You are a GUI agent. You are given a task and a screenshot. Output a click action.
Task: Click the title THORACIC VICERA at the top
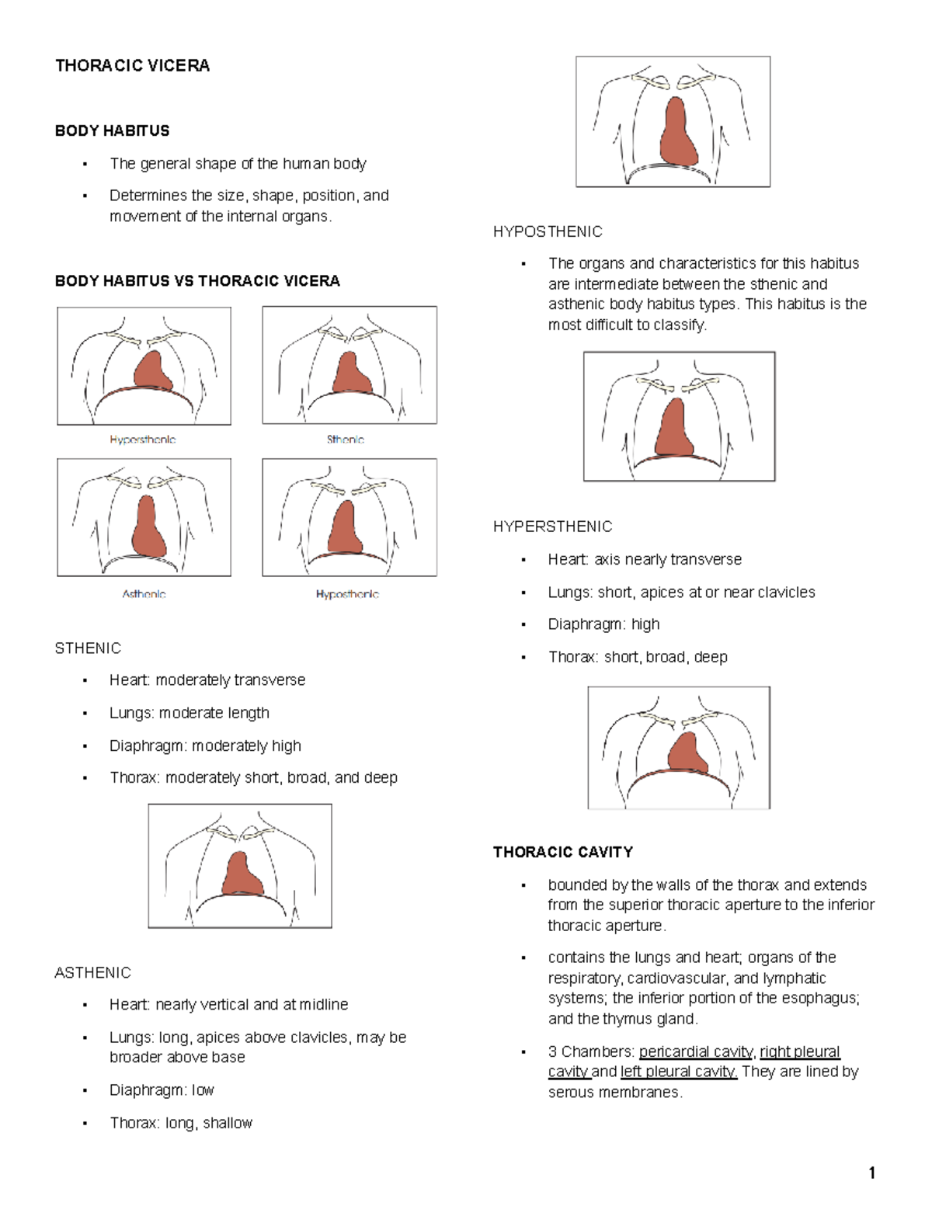pyautogui.click(x=132, y=66)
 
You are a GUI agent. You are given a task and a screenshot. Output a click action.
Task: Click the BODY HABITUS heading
pyautogui.click(x=112, y=131)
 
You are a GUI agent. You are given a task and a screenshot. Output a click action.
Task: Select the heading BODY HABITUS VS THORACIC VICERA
pyautogui.click(x=197, y=281)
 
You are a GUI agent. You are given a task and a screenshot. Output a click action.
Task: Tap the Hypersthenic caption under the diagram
pyautogui.click(x=143, y=440)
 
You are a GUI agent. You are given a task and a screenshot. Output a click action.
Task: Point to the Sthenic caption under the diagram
pyautogui.click(x=346, y=440)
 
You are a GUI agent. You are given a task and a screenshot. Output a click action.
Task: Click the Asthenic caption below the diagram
pyautogui.click(x=144, y=594)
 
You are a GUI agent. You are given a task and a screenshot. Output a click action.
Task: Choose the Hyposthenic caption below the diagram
pyautogui.click(x=347, y=594)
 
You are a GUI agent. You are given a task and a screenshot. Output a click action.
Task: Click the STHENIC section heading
pyautogui.click(x=88, y=648)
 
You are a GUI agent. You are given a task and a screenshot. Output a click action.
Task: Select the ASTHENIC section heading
pyautogui.click(x=92, y=973)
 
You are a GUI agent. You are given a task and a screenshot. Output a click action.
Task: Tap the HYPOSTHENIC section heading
pyautogui.click(x=548, y=232)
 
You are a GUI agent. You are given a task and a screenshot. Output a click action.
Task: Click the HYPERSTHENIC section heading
pyautogui.click(x=552, y=527)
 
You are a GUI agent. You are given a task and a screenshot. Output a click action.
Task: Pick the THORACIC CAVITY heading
pyautogui.click(x=562, y=853)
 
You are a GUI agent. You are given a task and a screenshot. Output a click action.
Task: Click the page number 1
pyautogui.click(x=872, y=1173)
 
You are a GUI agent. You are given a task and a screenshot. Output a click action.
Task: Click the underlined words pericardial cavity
pyautogui.click(x=696, y=1052)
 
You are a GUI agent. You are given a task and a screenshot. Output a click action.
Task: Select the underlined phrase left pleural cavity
pyautogui.click(x=678, y=1072)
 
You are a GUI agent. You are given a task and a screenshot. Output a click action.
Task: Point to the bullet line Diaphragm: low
pyautogui.click(x=162, y=1090)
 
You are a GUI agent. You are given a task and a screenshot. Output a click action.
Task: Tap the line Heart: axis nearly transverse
pyautogui.click(x=645, y=560)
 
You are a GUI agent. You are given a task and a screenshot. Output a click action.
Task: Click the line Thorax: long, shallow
pyautogui.click(x=181, y=1123)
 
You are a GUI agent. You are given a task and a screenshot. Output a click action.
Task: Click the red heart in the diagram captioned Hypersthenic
pyautogui.click(x=152, y=371)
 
